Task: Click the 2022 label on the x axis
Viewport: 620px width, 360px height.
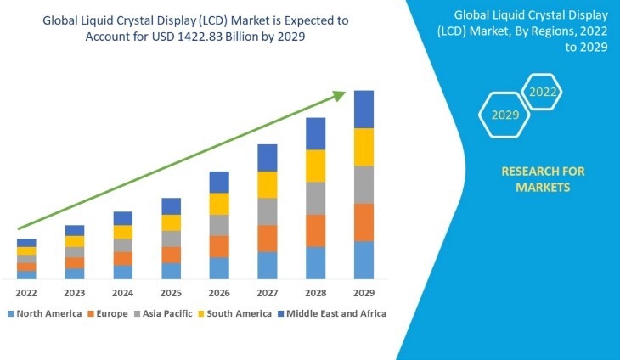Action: click(x=25, y=294)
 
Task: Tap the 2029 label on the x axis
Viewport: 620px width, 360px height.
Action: click(x=364, y=294)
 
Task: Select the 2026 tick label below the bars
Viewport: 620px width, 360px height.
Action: click(x=219, y=294)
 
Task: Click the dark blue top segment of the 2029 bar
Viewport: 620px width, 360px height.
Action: click(x=364, y=109)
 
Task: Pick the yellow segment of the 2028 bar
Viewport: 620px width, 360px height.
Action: click(x=315, y=166)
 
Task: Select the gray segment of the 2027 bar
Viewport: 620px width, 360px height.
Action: click(x=268, y=211)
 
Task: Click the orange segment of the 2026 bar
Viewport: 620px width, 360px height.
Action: click(x=219, y=246)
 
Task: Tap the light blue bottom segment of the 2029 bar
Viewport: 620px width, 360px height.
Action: click(x=364, y=260)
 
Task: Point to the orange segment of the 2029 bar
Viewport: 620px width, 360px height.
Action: click(x=364, y=222)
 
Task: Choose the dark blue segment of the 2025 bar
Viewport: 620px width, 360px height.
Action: click(x=172, y=206)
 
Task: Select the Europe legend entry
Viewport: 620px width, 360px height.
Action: click(x=107, y=313)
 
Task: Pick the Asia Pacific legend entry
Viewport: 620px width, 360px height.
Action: click(x=166, y=313)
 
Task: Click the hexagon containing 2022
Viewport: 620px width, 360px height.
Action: click(x=543, y=92)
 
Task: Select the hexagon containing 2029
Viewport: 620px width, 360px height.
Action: click(x=505, y=115)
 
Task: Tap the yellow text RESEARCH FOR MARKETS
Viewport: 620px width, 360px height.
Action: click(x=543, y=179)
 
